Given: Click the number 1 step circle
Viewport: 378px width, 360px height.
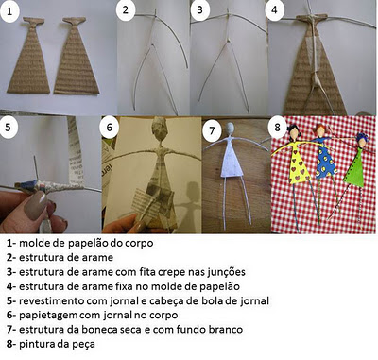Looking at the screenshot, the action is tap(9, 11).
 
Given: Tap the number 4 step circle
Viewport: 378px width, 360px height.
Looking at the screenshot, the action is tap(274, 10).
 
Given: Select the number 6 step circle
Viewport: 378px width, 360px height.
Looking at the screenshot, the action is tap(110, 128).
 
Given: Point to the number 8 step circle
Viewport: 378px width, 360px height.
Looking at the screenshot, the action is tap(277, 127).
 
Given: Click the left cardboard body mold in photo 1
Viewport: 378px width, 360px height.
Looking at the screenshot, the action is tap(29, 57).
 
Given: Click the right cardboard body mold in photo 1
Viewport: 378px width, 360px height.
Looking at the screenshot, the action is tap(76, 57).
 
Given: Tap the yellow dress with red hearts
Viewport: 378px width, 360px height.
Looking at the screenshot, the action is tap(298, 163).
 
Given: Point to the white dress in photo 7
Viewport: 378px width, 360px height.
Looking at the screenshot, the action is tap(232, 161).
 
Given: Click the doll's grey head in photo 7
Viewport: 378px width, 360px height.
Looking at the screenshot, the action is tap(231, 129).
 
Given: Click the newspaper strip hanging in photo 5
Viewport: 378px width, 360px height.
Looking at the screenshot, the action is tap(75, 150).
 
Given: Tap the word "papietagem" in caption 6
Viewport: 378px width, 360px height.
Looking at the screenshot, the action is tap(48, 316).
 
